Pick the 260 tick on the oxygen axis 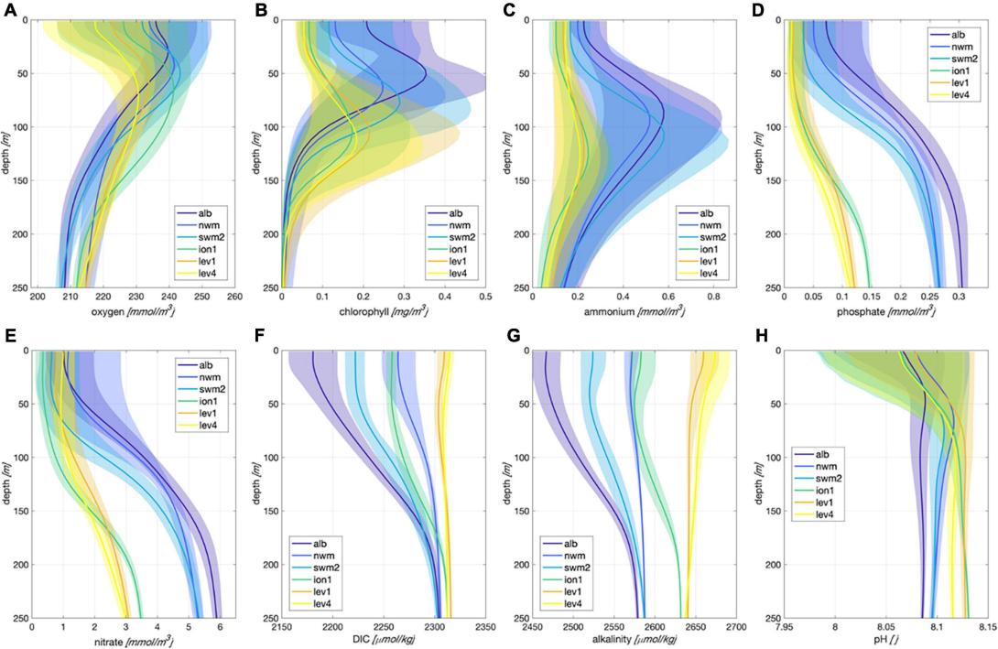click(234, 297)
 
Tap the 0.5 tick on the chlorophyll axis click(485, 297)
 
